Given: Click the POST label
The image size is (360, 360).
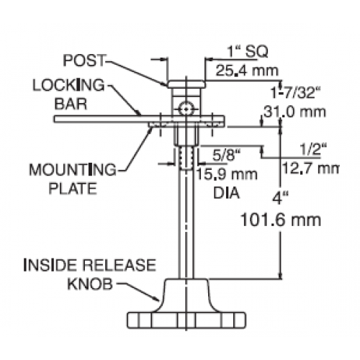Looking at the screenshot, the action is click(84, 60).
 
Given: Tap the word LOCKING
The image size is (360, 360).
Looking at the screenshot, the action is click(68, 85).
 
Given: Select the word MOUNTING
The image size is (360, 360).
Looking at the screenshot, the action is click(73, 170).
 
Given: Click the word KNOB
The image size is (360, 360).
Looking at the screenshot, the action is click(90, 284).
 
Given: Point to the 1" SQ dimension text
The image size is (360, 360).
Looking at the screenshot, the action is click(248, 51).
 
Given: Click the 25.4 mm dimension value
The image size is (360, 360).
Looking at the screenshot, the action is click(247, 71).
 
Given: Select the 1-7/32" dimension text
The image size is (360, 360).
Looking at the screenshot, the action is click(296, 92).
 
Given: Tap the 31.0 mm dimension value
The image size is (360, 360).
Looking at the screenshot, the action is click(294, 112).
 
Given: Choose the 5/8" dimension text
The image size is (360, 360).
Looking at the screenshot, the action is click(226, 156).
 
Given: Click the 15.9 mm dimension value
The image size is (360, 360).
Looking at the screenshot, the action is click(227, 174).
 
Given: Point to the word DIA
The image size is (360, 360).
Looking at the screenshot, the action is click(227, 193).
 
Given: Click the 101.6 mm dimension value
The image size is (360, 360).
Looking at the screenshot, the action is click(281, 220).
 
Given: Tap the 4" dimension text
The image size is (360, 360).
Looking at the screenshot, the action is click(280, 199).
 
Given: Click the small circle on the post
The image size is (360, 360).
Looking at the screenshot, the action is click(186, 109).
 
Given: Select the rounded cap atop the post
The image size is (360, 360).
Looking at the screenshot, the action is click(186, 84).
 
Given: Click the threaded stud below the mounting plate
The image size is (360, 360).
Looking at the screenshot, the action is click(186, 158).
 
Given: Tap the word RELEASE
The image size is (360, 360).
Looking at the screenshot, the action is click(120, 265).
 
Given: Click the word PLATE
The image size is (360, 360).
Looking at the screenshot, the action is click(73, 189).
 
